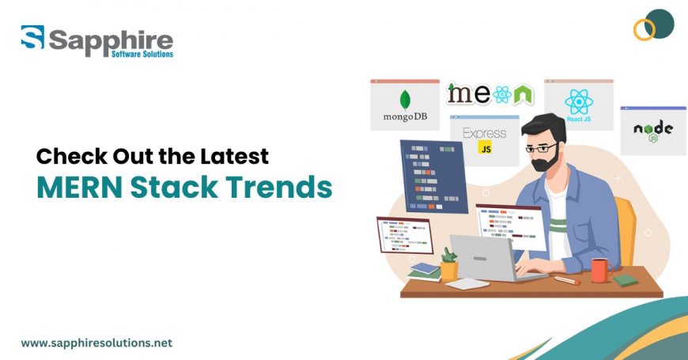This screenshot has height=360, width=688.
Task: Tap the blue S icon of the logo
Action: (x=32, y=40)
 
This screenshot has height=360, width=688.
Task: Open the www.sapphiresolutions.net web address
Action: (x=96, y=343)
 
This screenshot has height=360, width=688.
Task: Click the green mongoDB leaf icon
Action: (x=405, y=100)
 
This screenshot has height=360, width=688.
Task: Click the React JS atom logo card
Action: (x=578, y=103)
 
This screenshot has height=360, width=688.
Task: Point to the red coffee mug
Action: (x=599, y=271)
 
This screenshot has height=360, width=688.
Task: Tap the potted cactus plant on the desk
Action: (x=449, y=264)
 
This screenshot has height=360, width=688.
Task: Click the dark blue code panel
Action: (x=433, y=175)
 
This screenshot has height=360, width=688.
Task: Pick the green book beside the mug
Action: (x=626, y=280)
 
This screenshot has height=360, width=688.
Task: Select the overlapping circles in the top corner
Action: (x=653, y=26)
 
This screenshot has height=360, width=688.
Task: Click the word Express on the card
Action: (x=484, y=132)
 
